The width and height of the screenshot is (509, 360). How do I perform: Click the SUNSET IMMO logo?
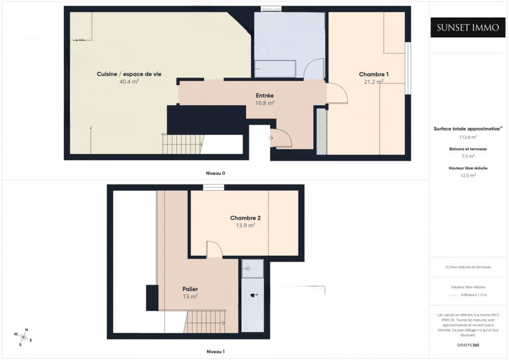[468, 27]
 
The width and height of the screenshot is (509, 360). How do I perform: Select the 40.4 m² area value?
[129, 82]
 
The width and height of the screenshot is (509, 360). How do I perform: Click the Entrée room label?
[265, 96]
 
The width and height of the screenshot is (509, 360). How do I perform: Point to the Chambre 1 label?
[374, 74]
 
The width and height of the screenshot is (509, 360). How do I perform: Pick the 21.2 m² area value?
[374, 82]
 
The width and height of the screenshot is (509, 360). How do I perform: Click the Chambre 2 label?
[245, 218]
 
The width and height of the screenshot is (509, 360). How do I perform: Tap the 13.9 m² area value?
[245, 225]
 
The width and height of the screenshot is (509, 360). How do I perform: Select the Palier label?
[190, 289]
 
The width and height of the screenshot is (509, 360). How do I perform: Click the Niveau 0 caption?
[215, 173]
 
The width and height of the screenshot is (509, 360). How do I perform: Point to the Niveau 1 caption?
[215, 352]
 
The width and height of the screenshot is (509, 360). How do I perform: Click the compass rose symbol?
[23, 336]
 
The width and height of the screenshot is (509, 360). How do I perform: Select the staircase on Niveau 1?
[205, 323]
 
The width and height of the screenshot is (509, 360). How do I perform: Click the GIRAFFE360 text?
[468, 344]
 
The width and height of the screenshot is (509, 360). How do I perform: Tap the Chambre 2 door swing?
[214, 250]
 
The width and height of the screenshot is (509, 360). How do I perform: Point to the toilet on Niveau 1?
[253, 294]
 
